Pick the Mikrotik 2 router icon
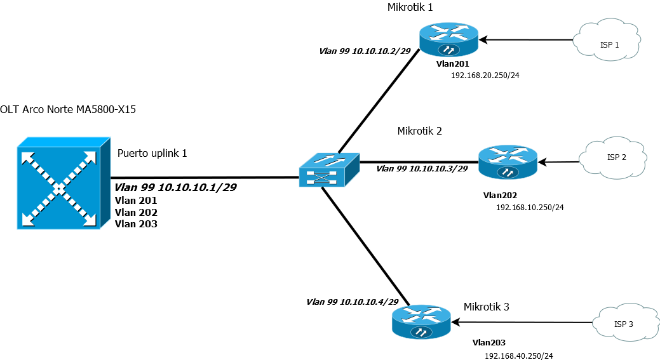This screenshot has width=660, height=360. tap(507, 163)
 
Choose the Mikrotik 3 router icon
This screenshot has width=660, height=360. tap(422, 322)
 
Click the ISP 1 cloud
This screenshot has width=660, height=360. tap(608, 43)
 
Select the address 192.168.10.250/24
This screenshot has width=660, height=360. tap(530, 207)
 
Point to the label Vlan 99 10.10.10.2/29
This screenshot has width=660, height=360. tap(365, 50)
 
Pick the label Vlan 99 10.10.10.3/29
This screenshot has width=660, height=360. tap(422, 168)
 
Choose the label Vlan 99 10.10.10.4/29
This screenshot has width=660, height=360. tap(352, 302)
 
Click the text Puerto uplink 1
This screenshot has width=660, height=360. tap(152, 154)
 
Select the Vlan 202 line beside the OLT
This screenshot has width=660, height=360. tap(135, 212)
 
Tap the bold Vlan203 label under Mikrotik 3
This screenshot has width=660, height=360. tap(489, 342)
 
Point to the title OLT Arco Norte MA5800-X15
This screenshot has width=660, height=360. tap(68, 110)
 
